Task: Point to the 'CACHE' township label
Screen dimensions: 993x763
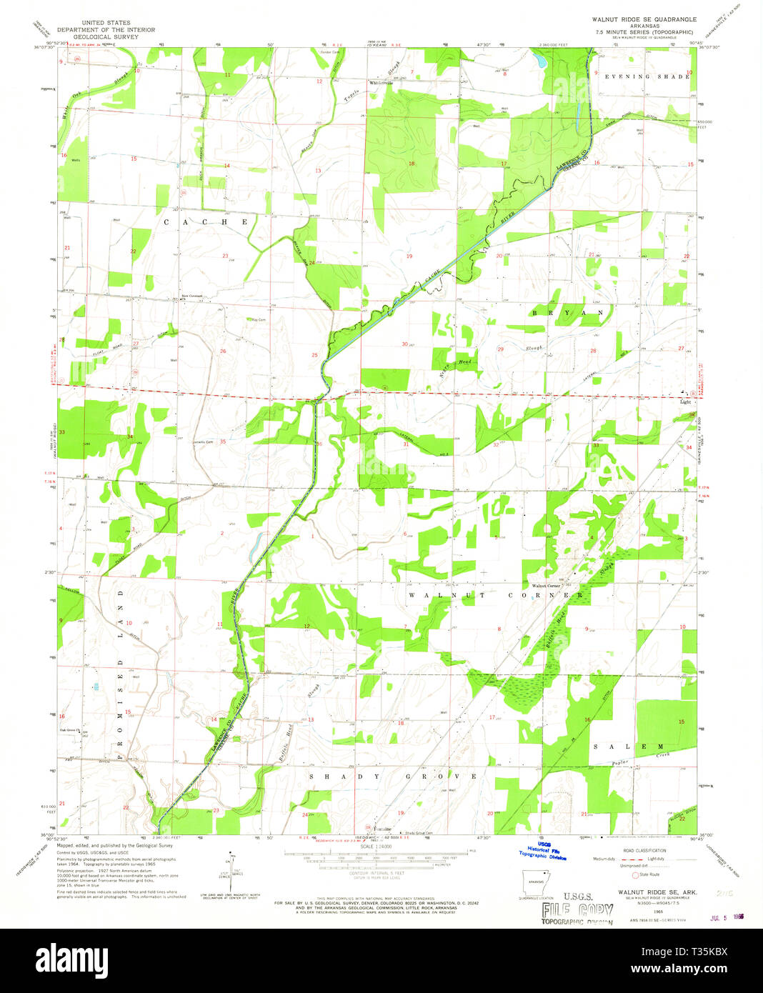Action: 206,222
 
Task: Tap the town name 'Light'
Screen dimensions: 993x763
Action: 685,401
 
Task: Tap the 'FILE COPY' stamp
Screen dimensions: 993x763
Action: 577,910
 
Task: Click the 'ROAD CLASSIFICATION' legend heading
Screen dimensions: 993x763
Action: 643,850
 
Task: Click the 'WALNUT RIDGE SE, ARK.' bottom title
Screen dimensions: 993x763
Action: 650,892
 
